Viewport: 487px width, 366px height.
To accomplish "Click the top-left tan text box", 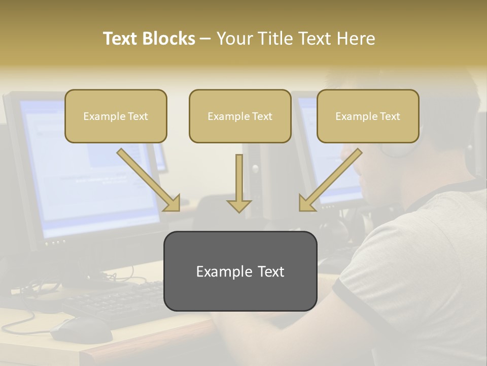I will [x=116, y=116].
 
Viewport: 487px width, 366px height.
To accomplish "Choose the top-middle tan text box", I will [x=240, y=116].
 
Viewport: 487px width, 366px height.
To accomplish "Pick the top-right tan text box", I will [x=368, y=116].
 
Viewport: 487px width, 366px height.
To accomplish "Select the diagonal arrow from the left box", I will [x=149, y=180].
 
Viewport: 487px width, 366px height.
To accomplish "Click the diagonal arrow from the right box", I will [x=330, y=180].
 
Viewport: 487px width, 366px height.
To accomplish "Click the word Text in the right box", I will [x=390, y=116].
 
